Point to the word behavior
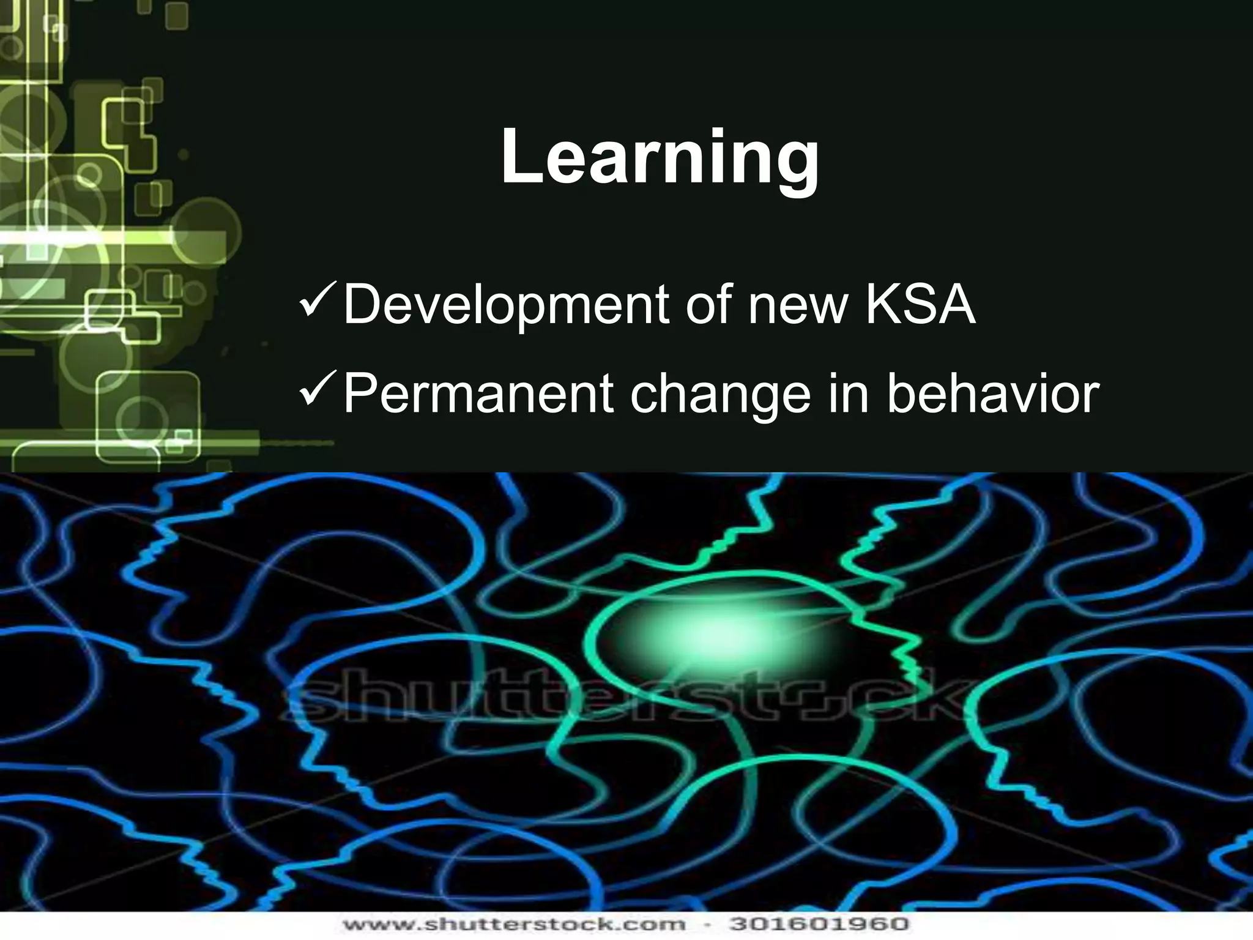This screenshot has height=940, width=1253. (x=992, y=394)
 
